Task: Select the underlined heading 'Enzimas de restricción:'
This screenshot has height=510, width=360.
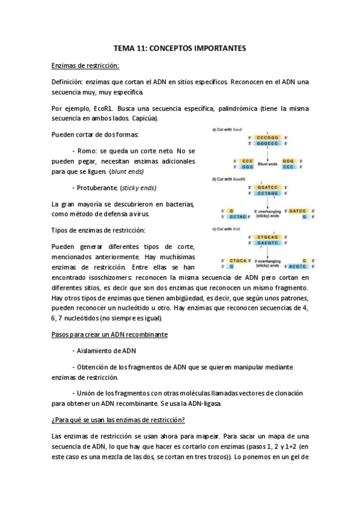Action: [85, 66]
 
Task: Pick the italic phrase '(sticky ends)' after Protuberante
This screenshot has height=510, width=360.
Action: [136, 187]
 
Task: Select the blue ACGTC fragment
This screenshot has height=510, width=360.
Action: [297, 265]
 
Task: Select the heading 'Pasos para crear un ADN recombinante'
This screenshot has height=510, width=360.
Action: [109, 334]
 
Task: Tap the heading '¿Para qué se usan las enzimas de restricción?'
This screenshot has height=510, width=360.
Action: [118, 419]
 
